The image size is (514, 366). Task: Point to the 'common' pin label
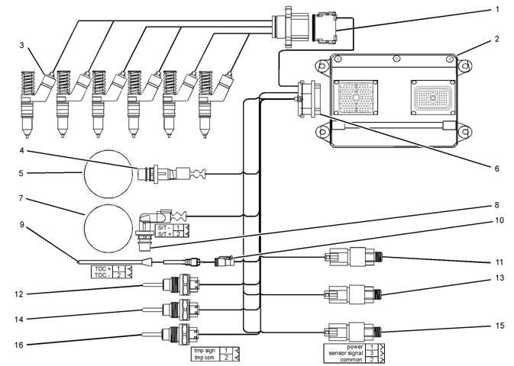[x=354, y=358]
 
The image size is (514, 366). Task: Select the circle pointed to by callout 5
[x=108, y=174]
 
